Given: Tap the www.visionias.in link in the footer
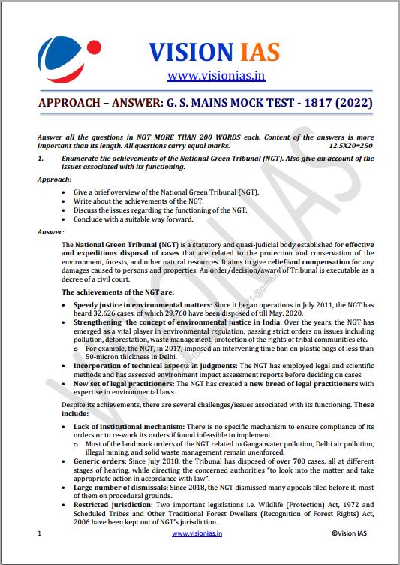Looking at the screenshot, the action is (x=199, y=533).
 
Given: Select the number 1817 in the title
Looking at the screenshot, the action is (x=311, y=101).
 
